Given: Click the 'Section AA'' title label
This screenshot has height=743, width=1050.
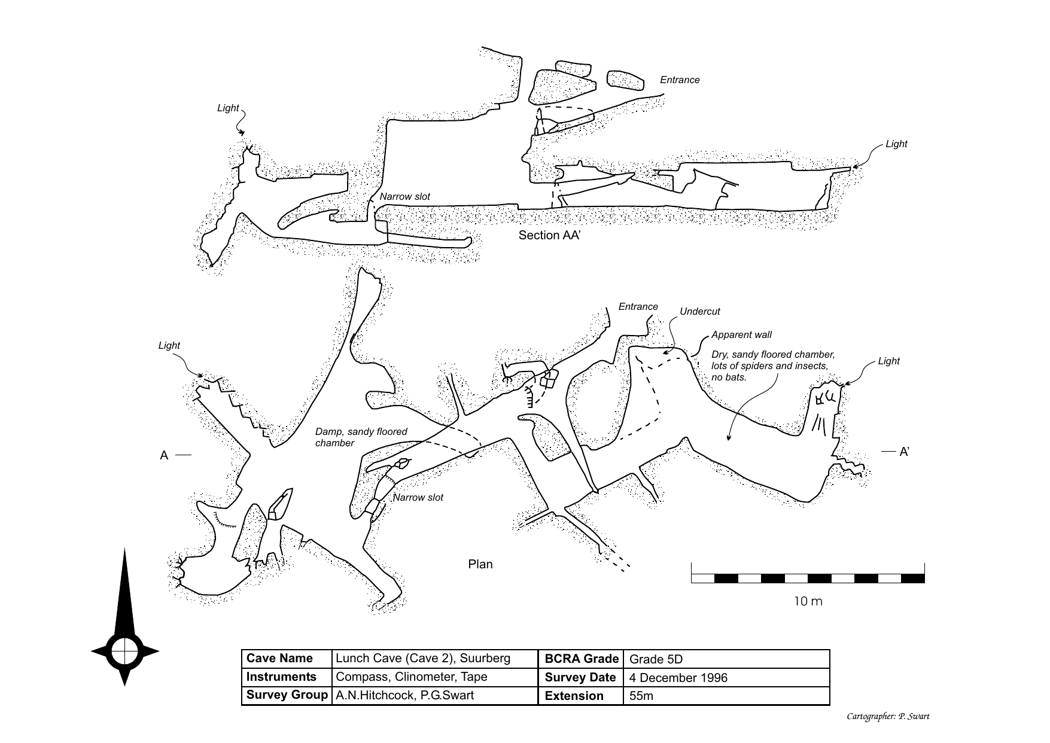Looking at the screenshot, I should pyautogui.click(x=549, y=236).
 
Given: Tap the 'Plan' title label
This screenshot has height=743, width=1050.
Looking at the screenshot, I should pyautogui.click(x=480, y=564).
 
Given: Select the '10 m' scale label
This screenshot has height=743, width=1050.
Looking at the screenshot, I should pyautogui.click(x=808, y=601).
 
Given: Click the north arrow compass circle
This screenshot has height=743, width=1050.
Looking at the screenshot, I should pyautogui.click(x=125, y=651).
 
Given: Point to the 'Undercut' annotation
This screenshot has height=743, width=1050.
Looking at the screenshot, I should pyautogui.click(x=699, y=312).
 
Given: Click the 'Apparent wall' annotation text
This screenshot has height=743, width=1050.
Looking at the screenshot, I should pyautogui.click(x=741, y=335).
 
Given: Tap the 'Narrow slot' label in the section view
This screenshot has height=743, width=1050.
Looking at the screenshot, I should pyautogui.click(x=404, y=197).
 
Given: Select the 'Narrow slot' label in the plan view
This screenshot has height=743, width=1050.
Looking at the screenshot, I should pyautogui.click(x=418, y=498).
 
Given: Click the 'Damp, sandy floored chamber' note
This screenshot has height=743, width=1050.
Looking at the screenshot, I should pyautogui.click(x=361, y=437).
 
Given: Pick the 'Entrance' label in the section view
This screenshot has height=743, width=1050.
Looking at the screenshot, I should pyautogui.click(x=679, y=80).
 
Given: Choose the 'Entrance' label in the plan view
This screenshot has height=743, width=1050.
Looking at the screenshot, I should pyautogui.click(x=638, y=307).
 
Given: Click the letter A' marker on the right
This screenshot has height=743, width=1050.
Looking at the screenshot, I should pyautogui.click(x=904, y=452).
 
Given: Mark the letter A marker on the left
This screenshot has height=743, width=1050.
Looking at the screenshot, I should pyautogui.click(x=164, y=456).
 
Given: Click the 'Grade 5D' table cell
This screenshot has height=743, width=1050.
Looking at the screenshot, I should pyautogui.click(x=656, y=659).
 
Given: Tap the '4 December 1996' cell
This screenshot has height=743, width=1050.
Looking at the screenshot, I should pyautogui.click(x=678, y=678).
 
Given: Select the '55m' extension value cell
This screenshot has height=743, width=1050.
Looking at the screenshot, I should pyautogui.click(x=641, y=696).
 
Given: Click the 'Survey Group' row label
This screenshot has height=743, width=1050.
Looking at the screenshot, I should pyautogui.click(x=287, y=695).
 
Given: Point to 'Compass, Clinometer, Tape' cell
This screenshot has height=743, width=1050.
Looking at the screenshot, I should pyautogui.click(x=411, y=677).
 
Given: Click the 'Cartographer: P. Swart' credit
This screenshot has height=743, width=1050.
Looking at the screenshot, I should pyautogui.click(x=888, y=717).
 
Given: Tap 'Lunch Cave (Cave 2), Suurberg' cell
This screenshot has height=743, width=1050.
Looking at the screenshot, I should pyautogui.click(x=422, y=659).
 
